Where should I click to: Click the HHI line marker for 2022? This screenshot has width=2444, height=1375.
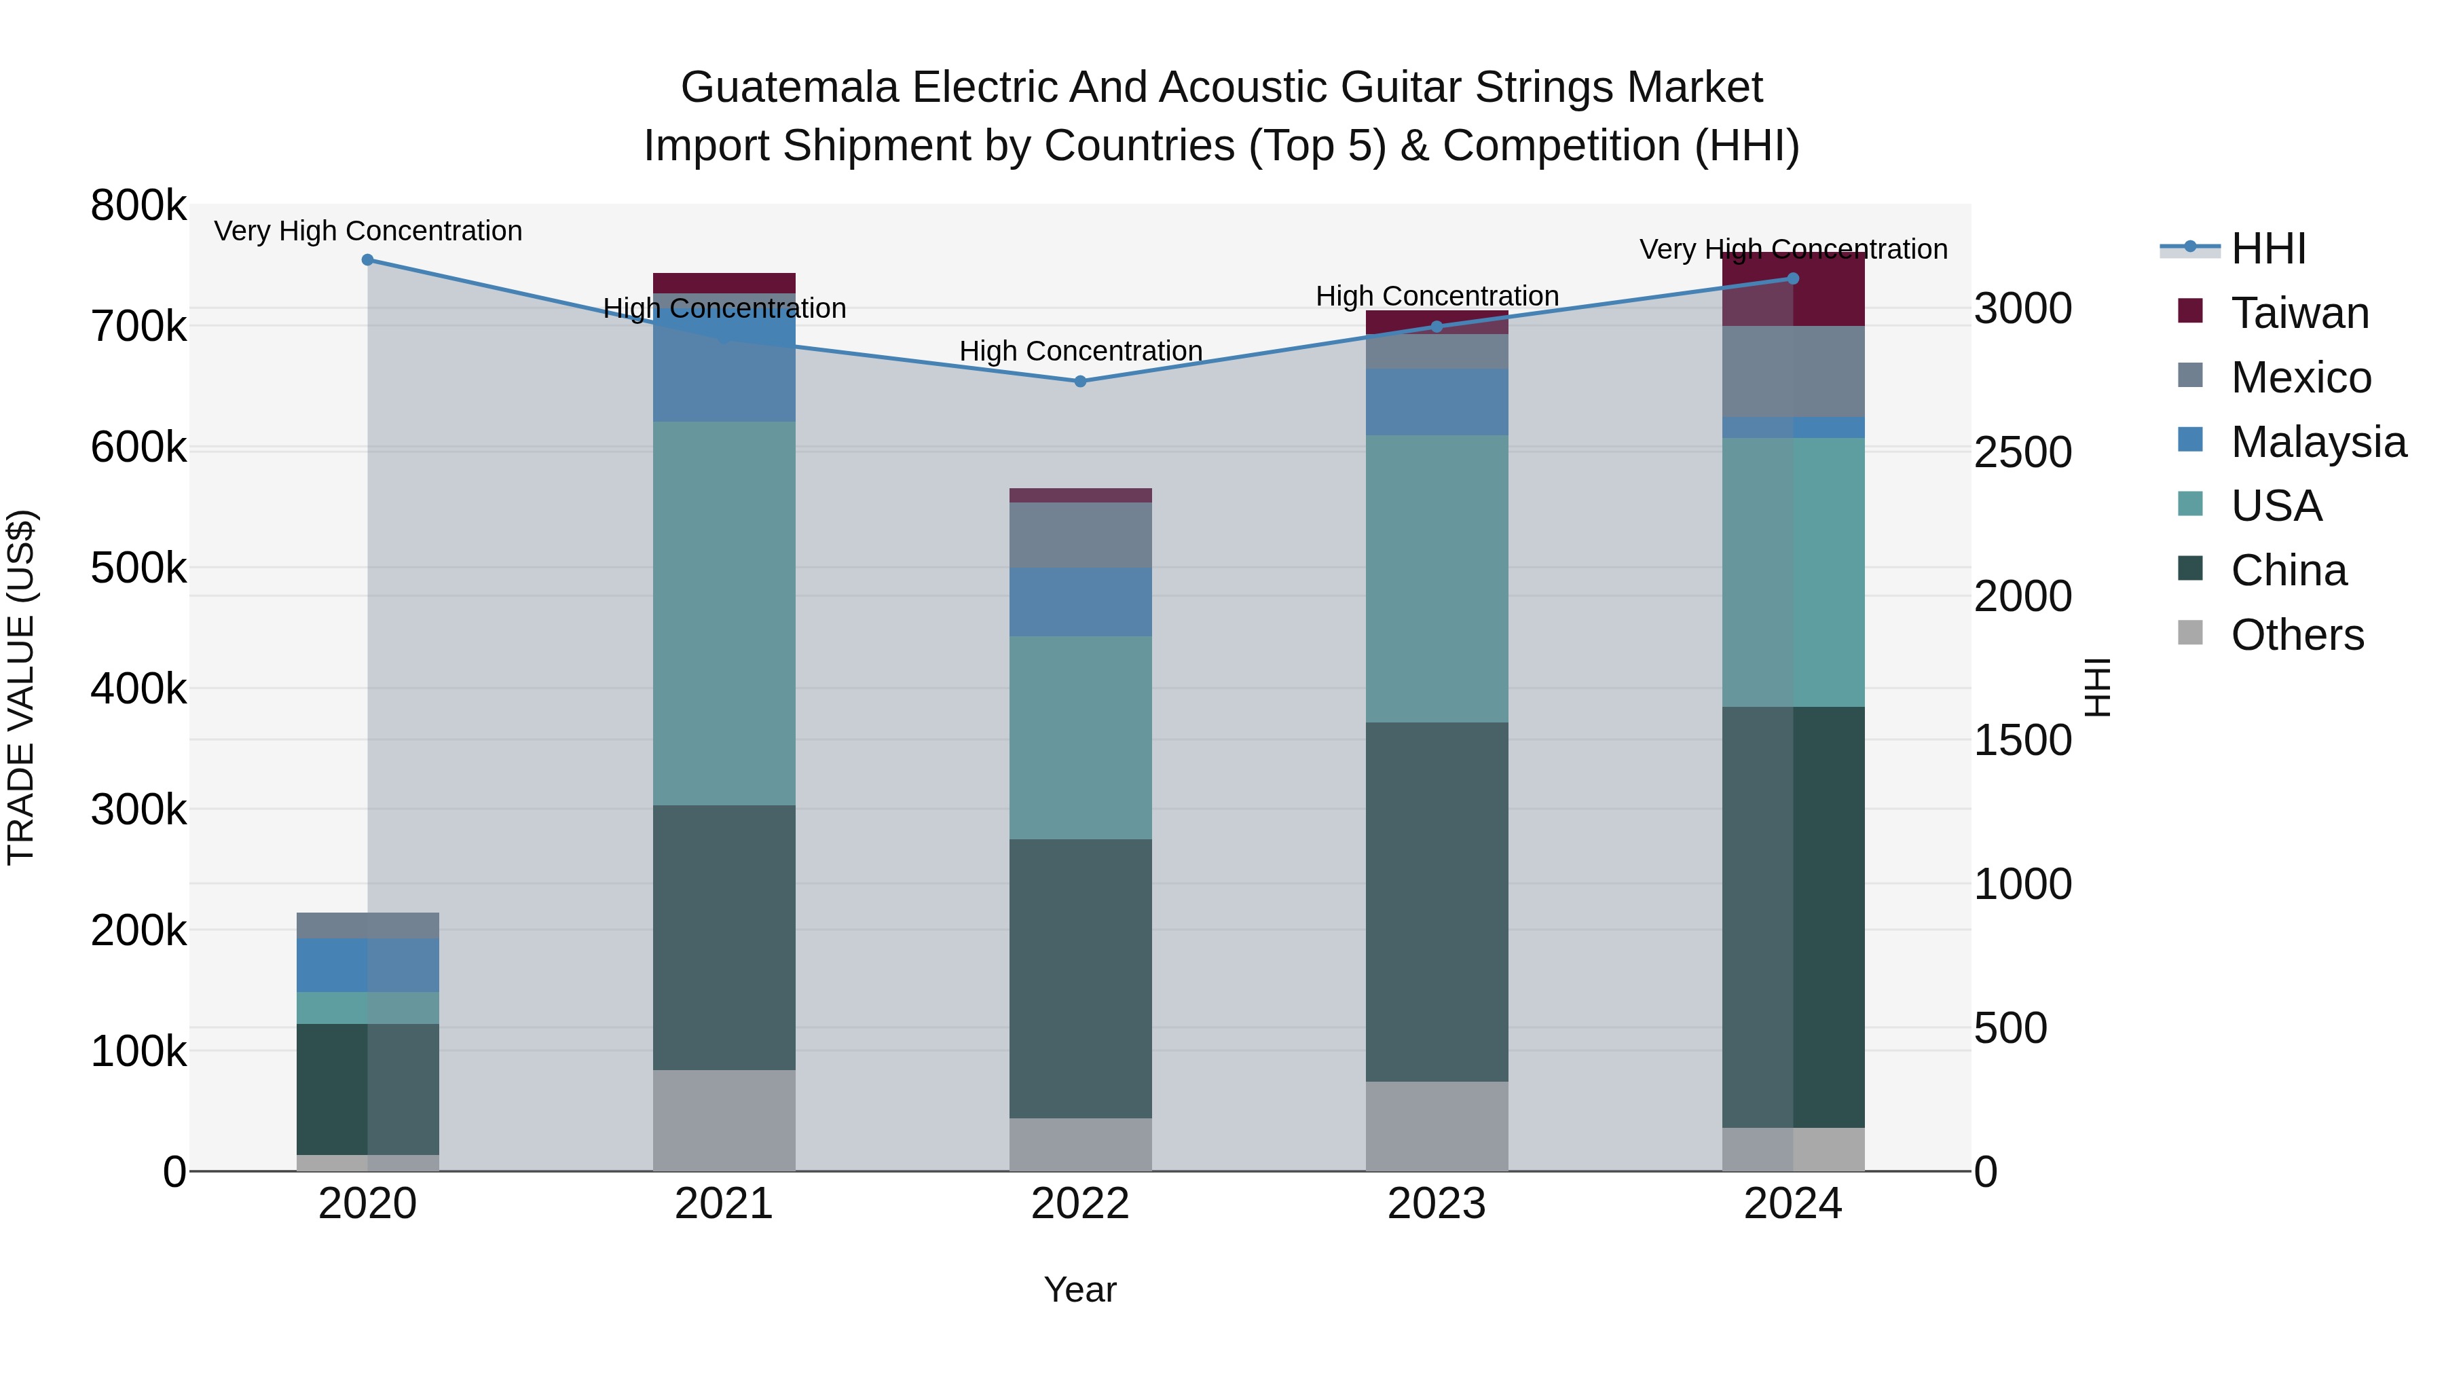(1079, 382)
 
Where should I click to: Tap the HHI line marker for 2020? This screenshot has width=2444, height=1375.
(368, 260)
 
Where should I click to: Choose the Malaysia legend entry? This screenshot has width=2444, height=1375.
(2317, 442)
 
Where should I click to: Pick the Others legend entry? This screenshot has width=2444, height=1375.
(2296, 635)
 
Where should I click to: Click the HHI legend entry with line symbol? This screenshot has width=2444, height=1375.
(2267, 249)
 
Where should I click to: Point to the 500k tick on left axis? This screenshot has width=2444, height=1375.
(138, 568)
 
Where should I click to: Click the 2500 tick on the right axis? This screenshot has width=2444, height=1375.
(2023, 453)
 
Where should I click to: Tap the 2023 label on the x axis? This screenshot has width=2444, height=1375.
(1435, 1204)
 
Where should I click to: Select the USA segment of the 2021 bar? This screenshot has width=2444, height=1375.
(724, 613)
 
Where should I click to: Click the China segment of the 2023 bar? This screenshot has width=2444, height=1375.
(1437, 902)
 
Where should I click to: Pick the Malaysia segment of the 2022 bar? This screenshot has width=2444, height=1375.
(1079, 602)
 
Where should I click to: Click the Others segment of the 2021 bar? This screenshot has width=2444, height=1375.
(724, 1120)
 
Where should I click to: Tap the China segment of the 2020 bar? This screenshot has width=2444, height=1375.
(368, 1088)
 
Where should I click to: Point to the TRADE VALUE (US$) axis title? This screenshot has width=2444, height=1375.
(21, 687)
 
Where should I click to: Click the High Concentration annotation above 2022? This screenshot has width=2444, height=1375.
(1079, 351)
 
